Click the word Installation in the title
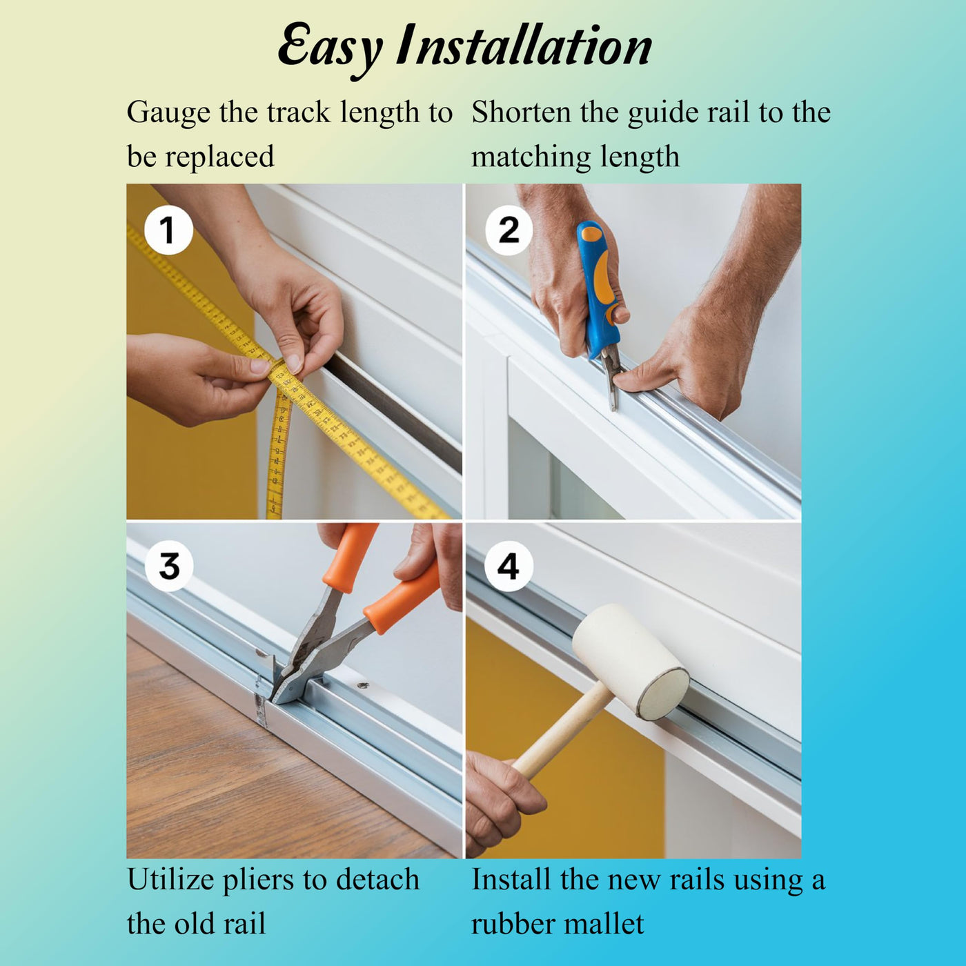pos(523,45)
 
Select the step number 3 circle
pos(169,566)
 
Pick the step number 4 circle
pos(509,566)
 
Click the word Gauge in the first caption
pos(168,113)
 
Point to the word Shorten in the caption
pos(522,112)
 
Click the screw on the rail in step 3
pos(362,684)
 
